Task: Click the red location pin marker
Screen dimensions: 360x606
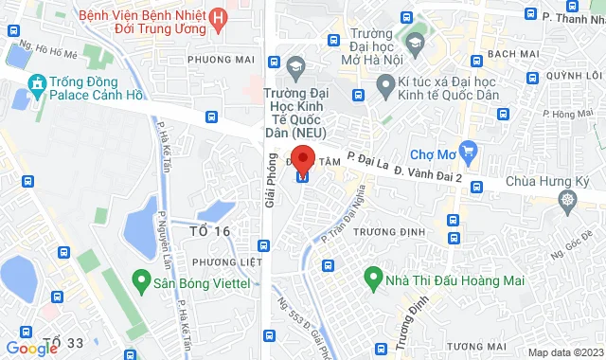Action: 302,158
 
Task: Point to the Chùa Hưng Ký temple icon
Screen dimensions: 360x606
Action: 567,199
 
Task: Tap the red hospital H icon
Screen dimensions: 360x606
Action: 220,17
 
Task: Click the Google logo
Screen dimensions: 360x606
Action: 31,348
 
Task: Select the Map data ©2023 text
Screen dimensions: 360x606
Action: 564,352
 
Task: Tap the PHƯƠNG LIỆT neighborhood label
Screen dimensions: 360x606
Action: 224,261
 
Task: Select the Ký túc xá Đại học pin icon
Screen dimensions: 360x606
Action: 385,87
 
